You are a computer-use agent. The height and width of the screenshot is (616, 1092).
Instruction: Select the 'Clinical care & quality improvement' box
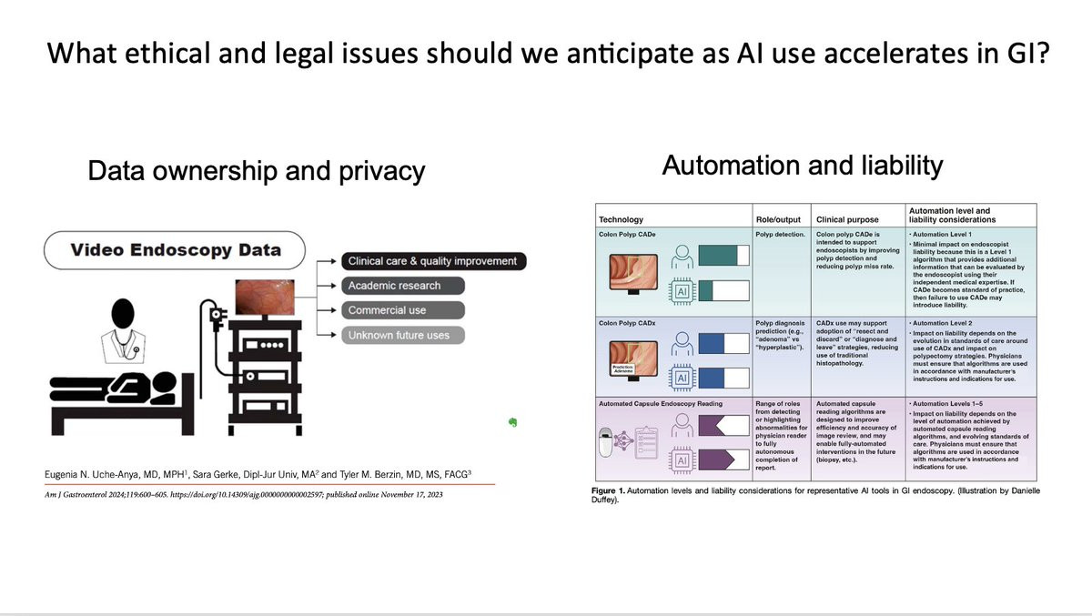[432, 261]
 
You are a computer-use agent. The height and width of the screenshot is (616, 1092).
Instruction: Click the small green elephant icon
[513, 422]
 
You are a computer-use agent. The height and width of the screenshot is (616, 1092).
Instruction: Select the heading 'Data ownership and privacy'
[257, 171]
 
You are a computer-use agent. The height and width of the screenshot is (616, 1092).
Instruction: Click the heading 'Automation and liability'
[803, 167]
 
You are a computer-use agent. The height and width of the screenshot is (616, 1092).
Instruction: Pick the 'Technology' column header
[621, 220]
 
